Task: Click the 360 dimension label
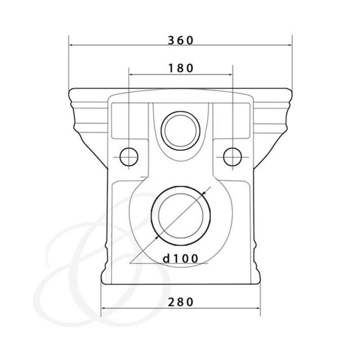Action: coord(181,41)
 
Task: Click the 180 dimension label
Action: coord(181,68)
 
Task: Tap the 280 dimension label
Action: coord(181,302)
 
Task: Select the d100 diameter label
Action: coord(180,258)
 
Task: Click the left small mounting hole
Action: coord(129,157)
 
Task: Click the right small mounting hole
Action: coord(233,157)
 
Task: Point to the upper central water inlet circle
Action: coord(180,131)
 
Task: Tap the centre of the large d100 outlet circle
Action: coord(181,215)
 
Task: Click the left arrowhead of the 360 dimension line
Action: coord(71,45)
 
